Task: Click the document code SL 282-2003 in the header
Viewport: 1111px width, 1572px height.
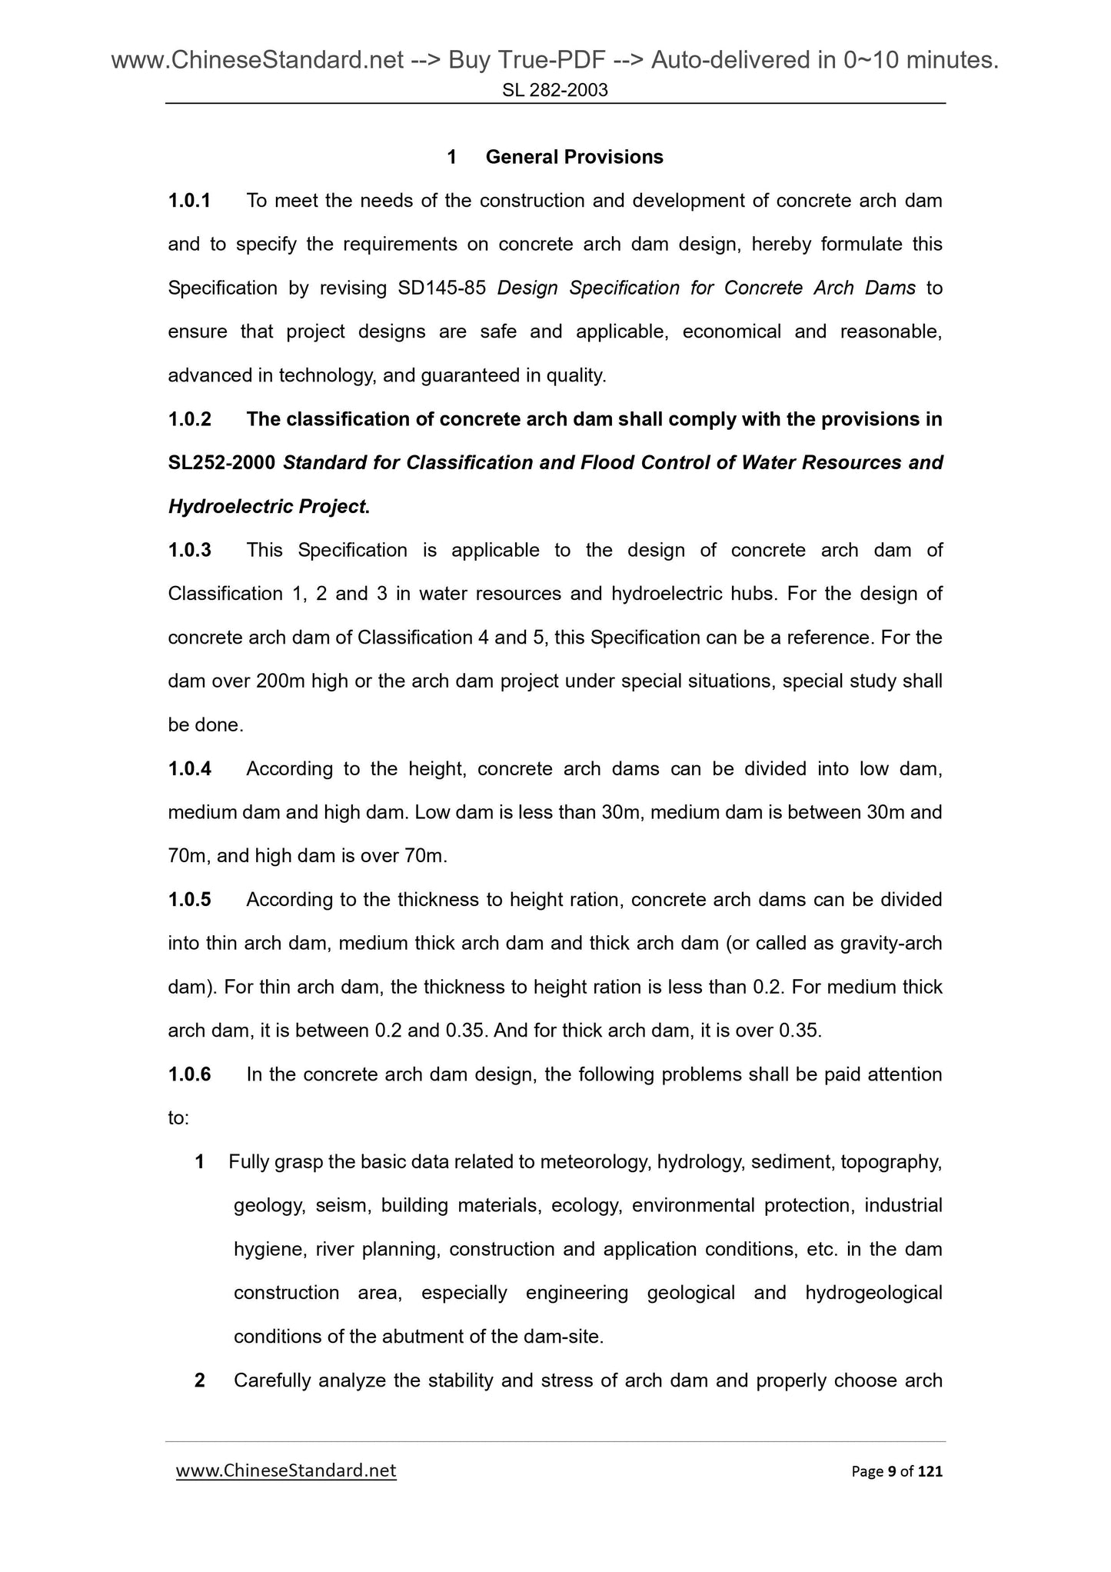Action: click(x=555, y=91)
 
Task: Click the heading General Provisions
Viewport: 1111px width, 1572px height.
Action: click(x=574, y=157)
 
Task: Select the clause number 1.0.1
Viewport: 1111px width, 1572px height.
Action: click(x=189, y=201)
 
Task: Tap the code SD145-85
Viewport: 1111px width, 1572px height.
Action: click(x=442, y=288)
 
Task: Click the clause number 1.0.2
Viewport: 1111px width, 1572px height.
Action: click(x=189, y=419)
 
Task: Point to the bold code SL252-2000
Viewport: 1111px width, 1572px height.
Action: click(x=222, y=463)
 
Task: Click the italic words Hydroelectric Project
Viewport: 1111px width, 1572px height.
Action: click(x=268, y=507)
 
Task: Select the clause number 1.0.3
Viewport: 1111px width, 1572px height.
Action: click(x=189, y=551)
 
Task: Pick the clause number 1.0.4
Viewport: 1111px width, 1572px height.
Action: click(x=189, y=769)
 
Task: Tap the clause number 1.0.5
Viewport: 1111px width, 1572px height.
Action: click(x=189, y=900)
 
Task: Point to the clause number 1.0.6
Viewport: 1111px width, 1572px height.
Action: click(x=189, y=1074)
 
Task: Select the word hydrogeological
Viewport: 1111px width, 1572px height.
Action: click(x=873, y=1293)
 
